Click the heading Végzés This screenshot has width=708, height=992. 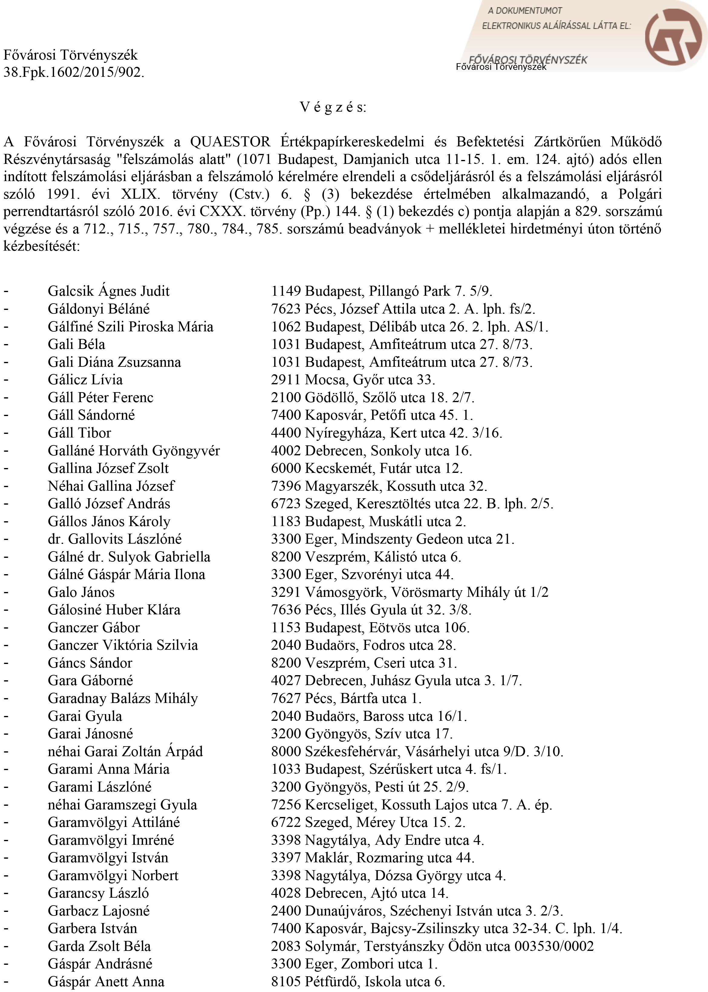(333, 107)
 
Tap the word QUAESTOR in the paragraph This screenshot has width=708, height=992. (230, 142)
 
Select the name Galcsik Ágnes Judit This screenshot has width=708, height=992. (109, 291)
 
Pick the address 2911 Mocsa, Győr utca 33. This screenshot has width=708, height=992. (353, 380)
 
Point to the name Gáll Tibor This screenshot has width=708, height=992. (79, 433)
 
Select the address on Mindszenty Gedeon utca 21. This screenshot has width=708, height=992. (392, 539)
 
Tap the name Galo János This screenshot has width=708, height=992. (81, 592)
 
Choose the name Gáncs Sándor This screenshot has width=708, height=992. (90, 663)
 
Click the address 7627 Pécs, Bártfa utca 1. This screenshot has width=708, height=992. (346, 698)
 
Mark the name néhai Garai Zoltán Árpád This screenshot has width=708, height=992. (125, 751)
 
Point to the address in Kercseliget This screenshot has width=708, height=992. (411, 805)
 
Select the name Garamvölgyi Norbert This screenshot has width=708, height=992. (113, 875)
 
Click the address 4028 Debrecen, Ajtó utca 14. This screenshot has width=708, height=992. (359, 893)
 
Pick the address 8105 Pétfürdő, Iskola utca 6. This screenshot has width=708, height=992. (357, 981)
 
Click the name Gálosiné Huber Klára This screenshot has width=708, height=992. (114, 610)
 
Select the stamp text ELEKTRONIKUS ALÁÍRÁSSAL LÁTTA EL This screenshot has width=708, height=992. (556, 26)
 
